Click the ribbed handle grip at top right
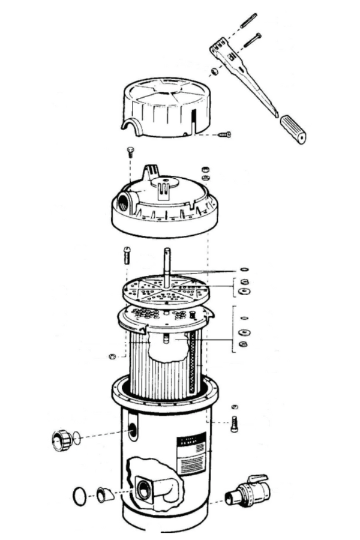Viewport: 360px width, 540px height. pos(293,130)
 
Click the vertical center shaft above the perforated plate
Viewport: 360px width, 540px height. pos(167,261)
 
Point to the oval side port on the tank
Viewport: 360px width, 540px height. pos(131,430)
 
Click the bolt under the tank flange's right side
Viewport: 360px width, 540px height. pos(234,424)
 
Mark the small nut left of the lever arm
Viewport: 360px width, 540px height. pos(213,73)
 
